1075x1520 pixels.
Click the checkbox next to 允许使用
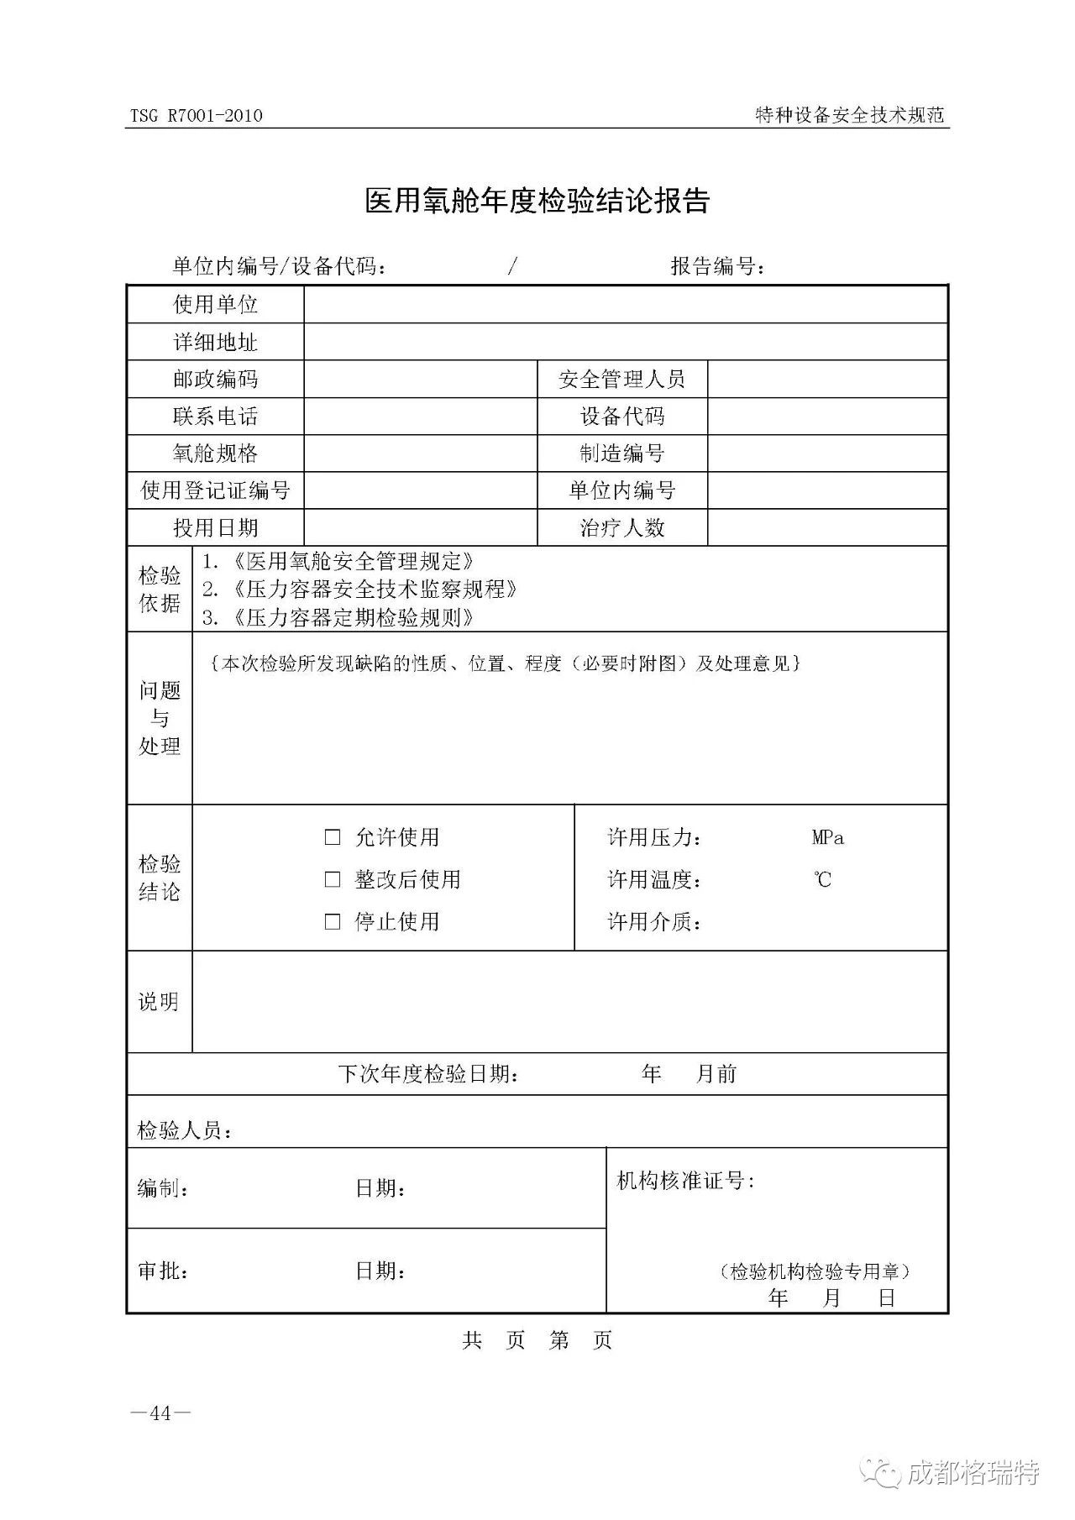333,837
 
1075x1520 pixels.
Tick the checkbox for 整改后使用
333,879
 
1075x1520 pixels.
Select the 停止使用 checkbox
333,921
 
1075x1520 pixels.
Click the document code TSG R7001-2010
196,116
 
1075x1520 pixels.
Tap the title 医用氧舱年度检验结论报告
537,201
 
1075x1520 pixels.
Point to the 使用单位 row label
215,304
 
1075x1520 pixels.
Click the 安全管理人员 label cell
621,380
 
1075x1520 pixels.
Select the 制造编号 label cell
621,453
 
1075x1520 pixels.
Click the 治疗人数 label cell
621,527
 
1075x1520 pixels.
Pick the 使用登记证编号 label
215,490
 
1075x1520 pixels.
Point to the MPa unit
828,837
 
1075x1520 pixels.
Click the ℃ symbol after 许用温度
823,879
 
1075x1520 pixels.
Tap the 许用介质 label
654,922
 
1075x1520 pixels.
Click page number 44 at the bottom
160,1413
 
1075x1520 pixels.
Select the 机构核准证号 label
685,1181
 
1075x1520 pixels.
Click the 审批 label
163,1271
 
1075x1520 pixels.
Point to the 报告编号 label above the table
718,267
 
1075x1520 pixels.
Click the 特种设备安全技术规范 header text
850,116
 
